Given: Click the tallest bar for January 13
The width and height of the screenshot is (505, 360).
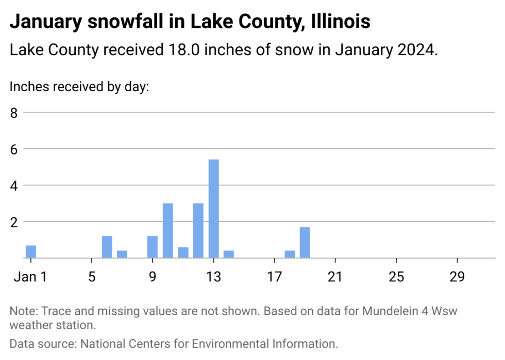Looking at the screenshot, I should [x=213, y=209].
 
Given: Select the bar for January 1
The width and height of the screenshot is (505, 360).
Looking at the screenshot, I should [x=31, y=251].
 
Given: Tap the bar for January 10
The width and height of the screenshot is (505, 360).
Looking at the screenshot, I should [x=168, y=230].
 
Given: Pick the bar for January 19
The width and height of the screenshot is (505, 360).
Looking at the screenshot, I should [x=305, y=242].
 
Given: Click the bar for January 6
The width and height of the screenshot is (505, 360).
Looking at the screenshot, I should [x=107, y=247].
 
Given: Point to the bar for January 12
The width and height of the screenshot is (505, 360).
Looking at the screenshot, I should [x=198, y=230].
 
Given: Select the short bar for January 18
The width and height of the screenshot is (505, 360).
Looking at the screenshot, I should [x=290, y=254].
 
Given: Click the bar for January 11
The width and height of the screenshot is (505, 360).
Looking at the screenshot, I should [x=183, y=252].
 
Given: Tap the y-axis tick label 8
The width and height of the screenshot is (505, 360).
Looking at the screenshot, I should [x=14, y=112].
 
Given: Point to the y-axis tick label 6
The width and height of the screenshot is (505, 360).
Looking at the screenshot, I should [x=14, y=149].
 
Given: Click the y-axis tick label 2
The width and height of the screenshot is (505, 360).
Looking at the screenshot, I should [x=14, y=221].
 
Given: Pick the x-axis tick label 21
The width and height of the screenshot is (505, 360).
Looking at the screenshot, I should [x=335, y=277].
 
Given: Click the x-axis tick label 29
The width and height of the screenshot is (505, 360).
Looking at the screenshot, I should [x=457, y=277].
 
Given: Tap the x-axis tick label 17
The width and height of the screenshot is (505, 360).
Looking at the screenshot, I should [x=275, y=277].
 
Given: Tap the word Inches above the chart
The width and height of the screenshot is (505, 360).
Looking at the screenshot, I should [x=25, y=87].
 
